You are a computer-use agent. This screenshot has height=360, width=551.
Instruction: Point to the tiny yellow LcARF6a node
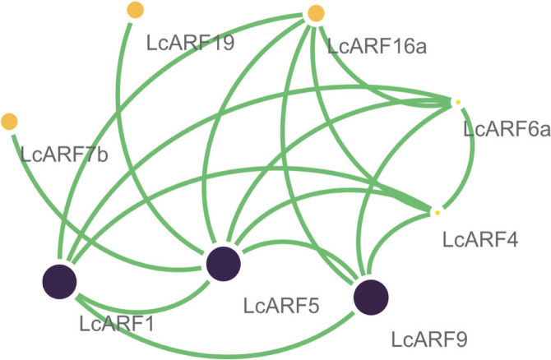click(457, 102)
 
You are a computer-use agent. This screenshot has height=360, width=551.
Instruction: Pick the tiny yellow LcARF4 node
click(437, 213)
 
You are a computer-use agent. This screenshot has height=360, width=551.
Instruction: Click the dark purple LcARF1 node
click(59, 282)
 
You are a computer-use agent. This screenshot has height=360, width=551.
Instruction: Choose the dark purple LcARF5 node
click(223, 263)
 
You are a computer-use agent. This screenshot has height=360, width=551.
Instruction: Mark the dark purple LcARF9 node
click(370, 297)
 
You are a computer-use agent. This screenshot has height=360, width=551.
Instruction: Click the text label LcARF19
click(190, 43)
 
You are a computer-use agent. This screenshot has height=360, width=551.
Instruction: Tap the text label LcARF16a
click(377, 44)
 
